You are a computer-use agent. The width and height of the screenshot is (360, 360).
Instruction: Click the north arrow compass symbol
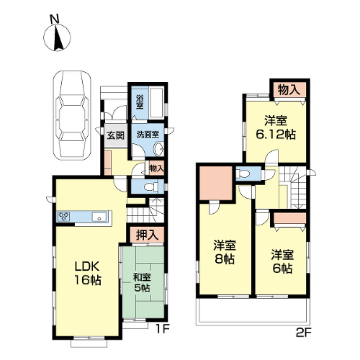tap(57, 37)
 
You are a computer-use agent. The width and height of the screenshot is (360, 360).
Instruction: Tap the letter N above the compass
tap(55, 19)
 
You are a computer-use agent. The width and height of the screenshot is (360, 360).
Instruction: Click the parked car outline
tap(72, 115)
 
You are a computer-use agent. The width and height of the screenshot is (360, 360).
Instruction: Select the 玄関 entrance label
tap(116, 135)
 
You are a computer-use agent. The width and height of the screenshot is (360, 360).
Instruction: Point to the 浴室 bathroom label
tap(140, 102)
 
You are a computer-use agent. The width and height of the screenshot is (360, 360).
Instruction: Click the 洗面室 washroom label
tap(148, 134)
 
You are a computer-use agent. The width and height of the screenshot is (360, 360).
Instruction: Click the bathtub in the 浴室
tap(157, 103)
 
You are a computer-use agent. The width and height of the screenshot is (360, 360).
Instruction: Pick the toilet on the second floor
tap(243, 174)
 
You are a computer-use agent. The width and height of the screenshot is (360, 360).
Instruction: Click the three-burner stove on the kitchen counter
tap(63, 216)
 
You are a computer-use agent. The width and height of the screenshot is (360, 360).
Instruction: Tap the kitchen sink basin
tap(99, 217)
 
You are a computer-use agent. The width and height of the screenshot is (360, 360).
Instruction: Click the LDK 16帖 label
tap(87, 273)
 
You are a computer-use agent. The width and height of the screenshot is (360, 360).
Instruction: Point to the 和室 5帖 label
tap(142, 282)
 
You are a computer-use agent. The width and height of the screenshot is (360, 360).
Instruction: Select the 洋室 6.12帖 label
tap(276, 127)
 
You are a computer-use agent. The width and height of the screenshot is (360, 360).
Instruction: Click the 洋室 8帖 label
tap(225, 252)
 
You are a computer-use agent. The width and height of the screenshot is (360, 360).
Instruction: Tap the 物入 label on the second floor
tap(289, 90)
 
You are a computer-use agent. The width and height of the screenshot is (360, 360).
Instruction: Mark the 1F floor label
tap(163, 329)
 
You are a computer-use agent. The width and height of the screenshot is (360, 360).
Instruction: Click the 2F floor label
tap(304, 333)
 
